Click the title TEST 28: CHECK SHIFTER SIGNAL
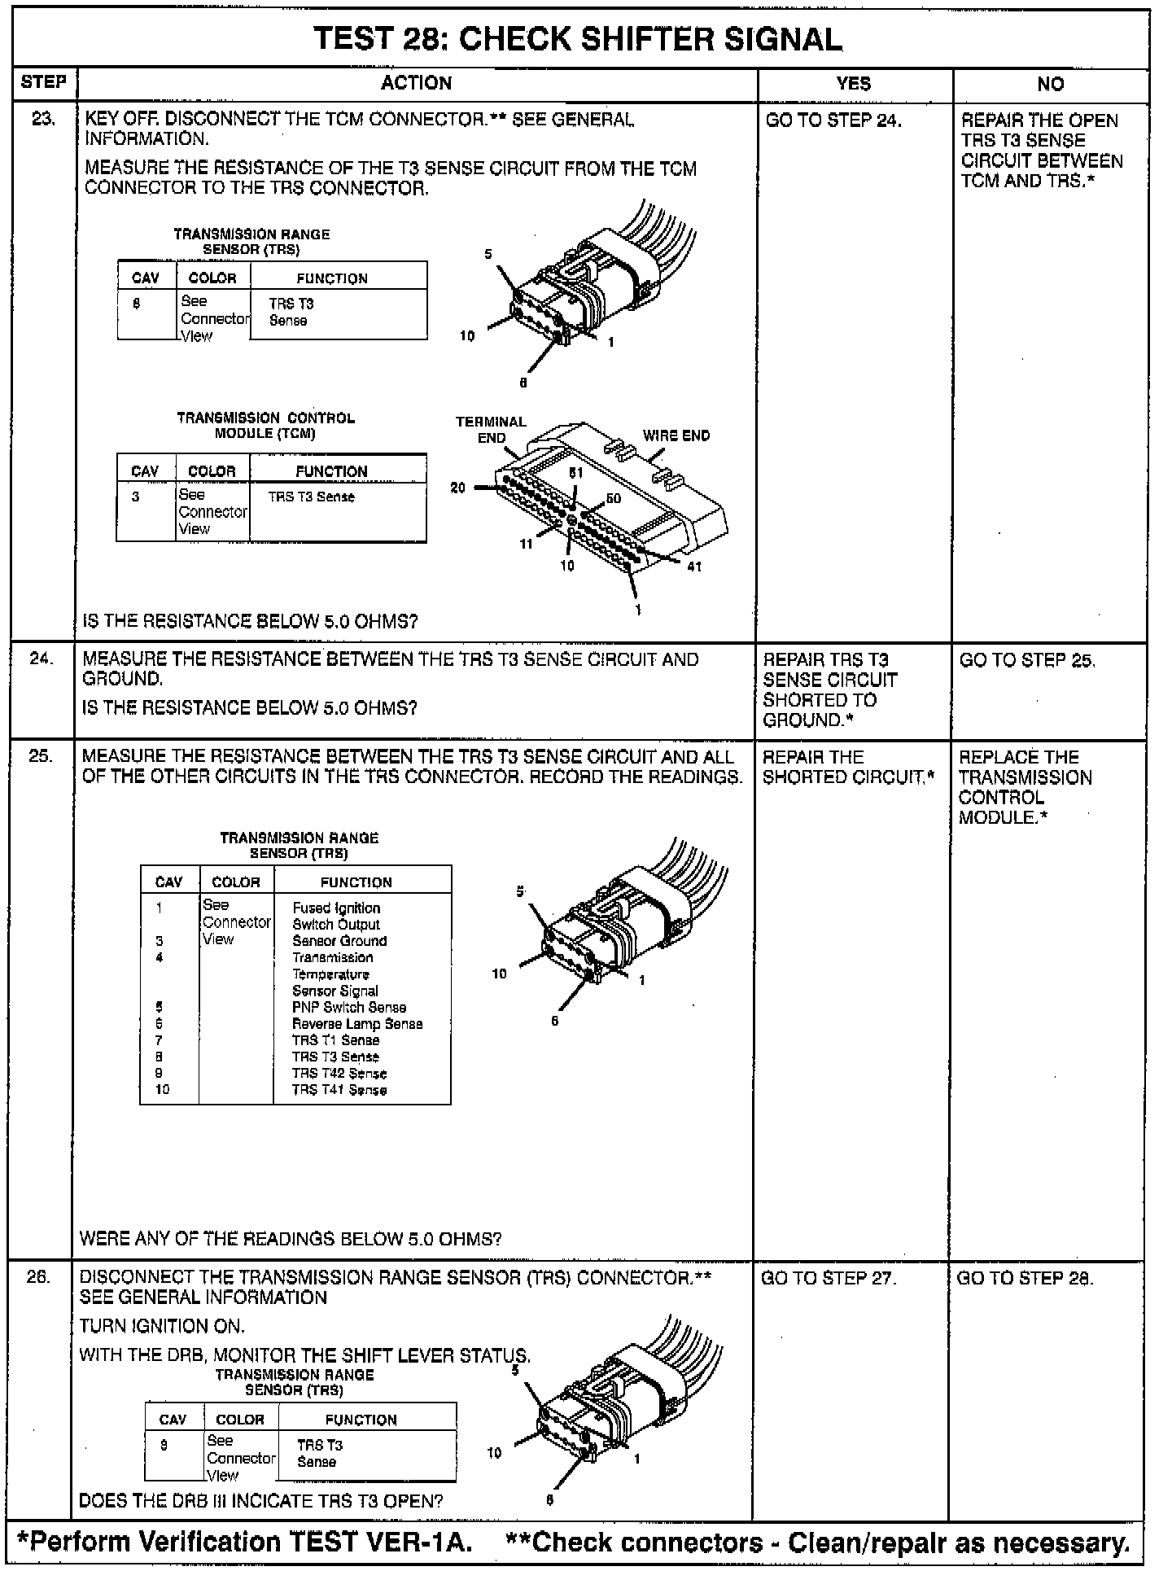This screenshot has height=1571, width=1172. coord(578,39)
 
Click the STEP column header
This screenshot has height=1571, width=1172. coord(43,82)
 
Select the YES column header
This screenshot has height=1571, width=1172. coord(853,83)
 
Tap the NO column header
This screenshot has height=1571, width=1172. coord(1050,84)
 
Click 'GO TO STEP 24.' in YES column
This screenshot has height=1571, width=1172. coord(833,120)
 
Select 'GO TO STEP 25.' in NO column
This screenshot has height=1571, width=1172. coord(1027,660)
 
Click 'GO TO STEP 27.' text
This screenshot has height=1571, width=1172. coord(829,1278)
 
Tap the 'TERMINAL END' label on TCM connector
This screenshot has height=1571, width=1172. coord(491,430)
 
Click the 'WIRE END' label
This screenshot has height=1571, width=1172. coord(676,435)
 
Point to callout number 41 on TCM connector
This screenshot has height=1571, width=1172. coord(694,567)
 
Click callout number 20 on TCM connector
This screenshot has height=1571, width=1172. coord(458,488)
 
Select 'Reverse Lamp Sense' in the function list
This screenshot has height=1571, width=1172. coord(357,1024)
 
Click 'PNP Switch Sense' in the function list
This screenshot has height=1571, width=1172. coord(349,1008)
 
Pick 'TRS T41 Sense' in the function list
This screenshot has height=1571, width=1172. coord(339,1090)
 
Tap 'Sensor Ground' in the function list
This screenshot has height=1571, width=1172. coord(339,941)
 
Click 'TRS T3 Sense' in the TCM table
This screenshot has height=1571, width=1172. coord(312,497)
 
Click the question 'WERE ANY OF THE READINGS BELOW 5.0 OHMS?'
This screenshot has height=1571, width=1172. coord(291,1239)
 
